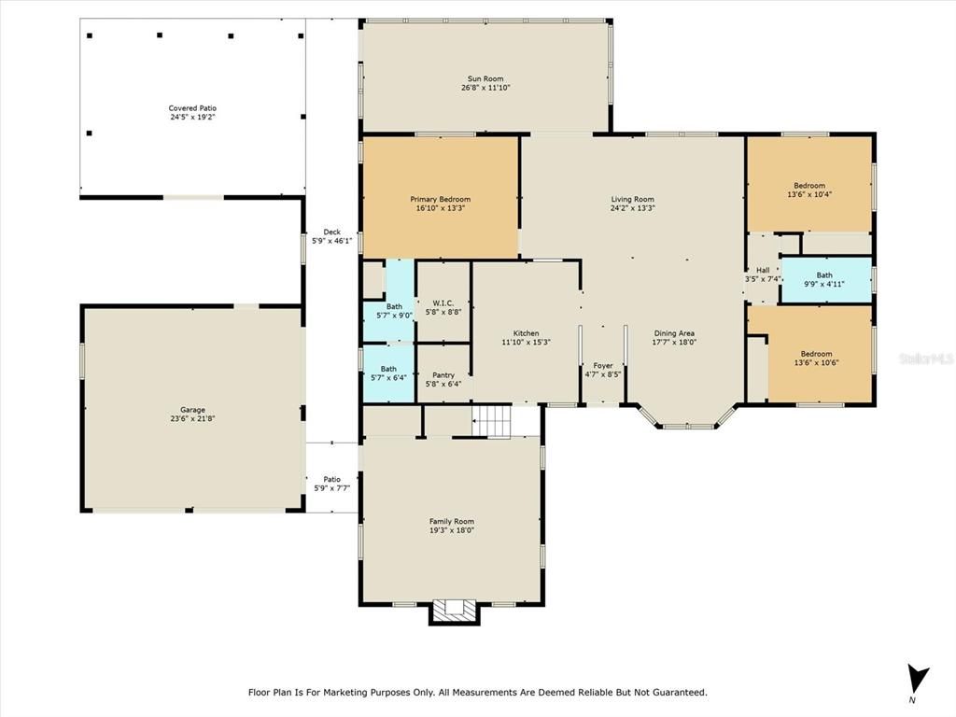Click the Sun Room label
485,78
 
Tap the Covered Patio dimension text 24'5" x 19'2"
193,118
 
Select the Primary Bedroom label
440,199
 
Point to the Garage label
193,409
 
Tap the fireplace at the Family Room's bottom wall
455,611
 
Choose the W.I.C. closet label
443,302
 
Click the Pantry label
443,374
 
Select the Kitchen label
526,333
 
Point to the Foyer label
603,365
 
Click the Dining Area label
673,333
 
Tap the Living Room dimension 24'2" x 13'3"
632,209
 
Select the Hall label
763,270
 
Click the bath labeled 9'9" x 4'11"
824,279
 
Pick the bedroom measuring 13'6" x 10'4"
809,190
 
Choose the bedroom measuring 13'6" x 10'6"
815,358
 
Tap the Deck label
331,232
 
